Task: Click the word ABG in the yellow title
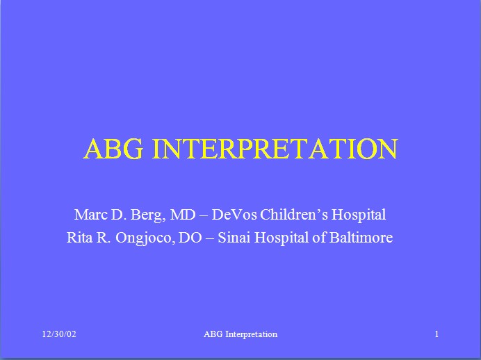pyautogui.click(x=113, y=149)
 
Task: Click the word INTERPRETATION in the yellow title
pyautogui.click(x=275, y=149)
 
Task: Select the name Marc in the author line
pyautogui.click(x=91, y=214)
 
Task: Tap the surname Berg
pyautogui.click(x=148, y=215)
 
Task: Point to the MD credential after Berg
pyautogui.click(x=183, y=214)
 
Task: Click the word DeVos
pyautogui.click(x=234, y=214)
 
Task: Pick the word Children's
pyautogui.click(x=294, y=214)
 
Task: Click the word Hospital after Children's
pyautogui.click(x=359, y=215)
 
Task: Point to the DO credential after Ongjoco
pyautogui.click(x=190, y=238)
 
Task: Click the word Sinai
pyautogui.click(x=234, y=238)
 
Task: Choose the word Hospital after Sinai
pyautogui.click(x=282, y=238)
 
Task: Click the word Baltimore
pyautogui.click(x=361, y=238)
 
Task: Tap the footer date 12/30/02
pyautogui.click(x=59, y=334)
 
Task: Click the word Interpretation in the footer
pyautogui.click(x=251, y=334)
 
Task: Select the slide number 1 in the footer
pyautogui.click(x=437, y=334)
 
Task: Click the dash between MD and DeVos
pyautogui.click(x=204, y=215)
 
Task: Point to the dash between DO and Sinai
pyautogui.click(x=210, y=238)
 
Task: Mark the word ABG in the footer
pyautogui.click(x=213, y=334)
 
